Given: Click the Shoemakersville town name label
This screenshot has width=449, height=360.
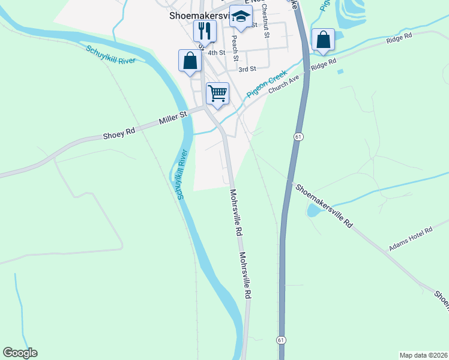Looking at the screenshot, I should point(198,17).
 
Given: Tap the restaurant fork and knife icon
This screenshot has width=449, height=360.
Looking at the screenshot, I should point(205,30).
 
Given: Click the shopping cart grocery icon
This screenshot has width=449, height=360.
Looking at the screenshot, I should point(217,93).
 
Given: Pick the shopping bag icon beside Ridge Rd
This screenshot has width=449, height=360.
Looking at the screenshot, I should point(323,40).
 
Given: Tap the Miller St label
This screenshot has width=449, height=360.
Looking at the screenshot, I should point(173,117).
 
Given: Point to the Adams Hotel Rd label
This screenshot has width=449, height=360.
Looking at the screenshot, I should point(411,239).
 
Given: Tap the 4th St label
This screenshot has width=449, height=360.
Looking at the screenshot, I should point(215,53).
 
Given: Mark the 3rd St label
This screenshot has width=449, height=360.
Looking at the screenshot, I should point(247,70).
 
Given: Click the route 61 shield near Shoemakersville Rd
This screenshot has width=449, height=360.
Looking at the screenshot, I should point(298,137).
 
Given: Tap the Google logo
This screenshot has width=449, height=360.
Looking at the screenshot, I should point(20,353).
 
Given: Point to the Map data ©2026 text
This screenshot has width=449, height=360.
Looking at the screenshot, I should point(423,355).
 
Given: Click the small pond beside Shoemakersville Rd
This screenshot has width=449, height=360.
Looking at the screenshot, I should point(314,210).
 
